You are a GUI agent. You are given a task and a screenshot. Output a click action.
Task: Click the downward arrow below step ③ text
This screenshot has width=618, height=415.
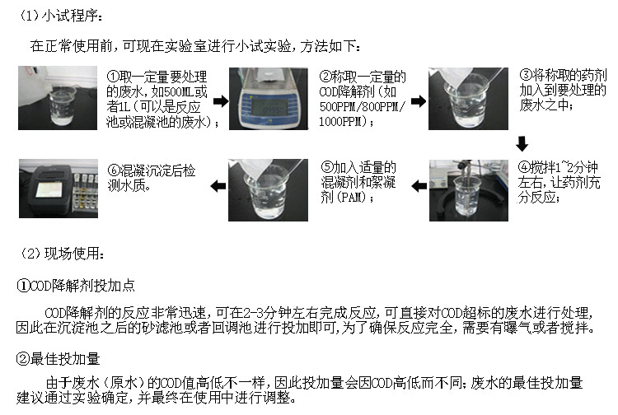point(522,145)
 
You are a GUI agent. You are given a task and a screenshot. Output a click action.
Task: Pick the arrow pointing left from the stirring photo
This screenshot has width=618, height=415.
point(418,187)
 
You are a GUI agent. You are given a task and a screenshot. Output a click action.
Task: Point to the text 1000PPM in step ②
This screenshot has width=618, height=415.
point(343,122)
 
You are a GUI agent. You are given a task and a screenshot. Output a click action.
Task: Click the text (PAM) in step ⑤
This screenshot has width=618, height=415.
point(339,198)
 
